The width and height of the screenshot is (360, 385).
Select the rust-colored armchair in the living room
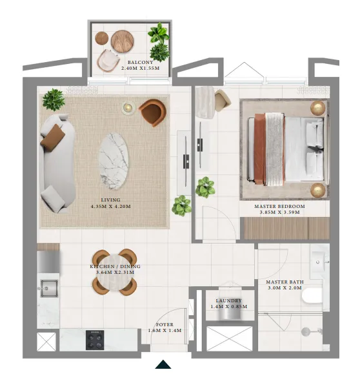152,112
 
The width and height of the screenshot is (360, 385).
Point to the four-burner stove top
95,339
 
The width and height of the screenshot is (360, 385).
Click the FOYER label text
164,325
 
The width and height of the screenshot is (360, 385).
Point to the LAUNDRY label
229,301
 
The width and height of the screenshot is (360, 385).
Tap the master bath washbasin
319,259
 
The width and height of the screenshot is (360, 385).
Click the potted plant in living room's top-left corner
54,99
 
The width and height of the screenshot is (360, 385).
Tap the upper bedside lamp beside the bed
318,107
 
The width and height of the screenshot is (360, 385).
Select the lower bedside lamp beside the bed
318,189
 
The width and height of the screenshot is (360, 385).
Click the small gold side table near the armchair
127,108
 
